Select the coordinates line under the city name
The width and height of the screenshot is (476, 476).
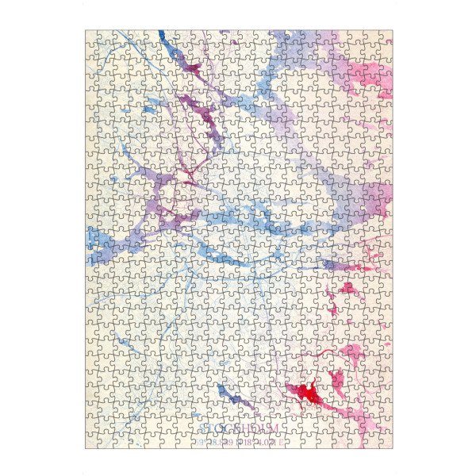238,442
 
